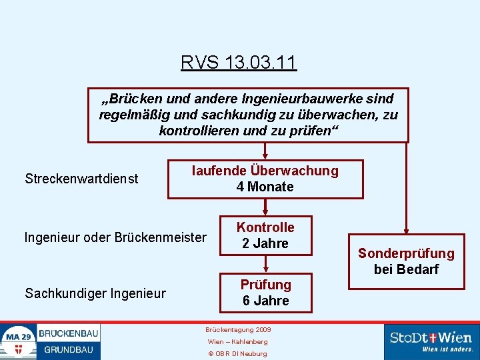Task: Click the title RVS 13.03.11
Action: click(239, 63)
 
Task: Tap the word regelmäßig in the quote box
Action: click(132, 115)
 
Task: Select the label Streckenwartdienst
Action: click(81, 179)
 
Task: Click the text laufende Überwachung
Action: click(265, 171)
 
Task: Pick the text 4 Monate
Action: click(265, 187)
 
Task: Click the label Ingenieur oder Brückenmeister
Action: click(115, 237)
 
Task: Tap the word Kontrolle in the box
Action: click(265, 227)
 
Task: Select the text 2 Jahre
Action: click(265, 243)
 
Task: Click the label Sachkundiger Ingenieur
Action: click(95, 293)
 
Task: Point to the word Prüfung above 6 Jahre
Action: click(265, 285)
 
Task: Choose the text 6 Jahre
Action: click(265, 301)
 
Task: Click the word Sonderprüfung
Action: click(406, 253)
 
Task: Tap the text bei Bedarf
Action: click(406, 269)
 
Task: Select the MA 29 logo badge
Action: click(19, 341)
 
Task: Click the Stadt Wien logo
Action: click(431, 341)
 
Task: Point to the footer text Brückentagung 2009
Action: click(238, 330)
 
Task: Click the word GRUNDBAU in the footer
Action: click(69, 349)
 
